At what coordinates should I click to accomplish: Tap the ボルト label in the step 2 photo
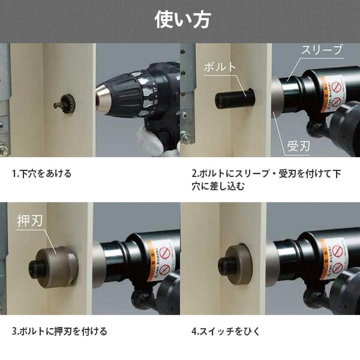click(x=220, y=67)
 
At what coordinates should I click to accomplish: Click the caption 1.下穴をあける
click(x=42, y=173)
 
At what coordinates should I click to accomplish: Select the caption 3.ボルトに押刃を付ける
click(x=59, y=331)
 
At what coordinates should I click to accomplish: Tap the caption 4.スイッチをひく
click(x=226, y=331)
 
